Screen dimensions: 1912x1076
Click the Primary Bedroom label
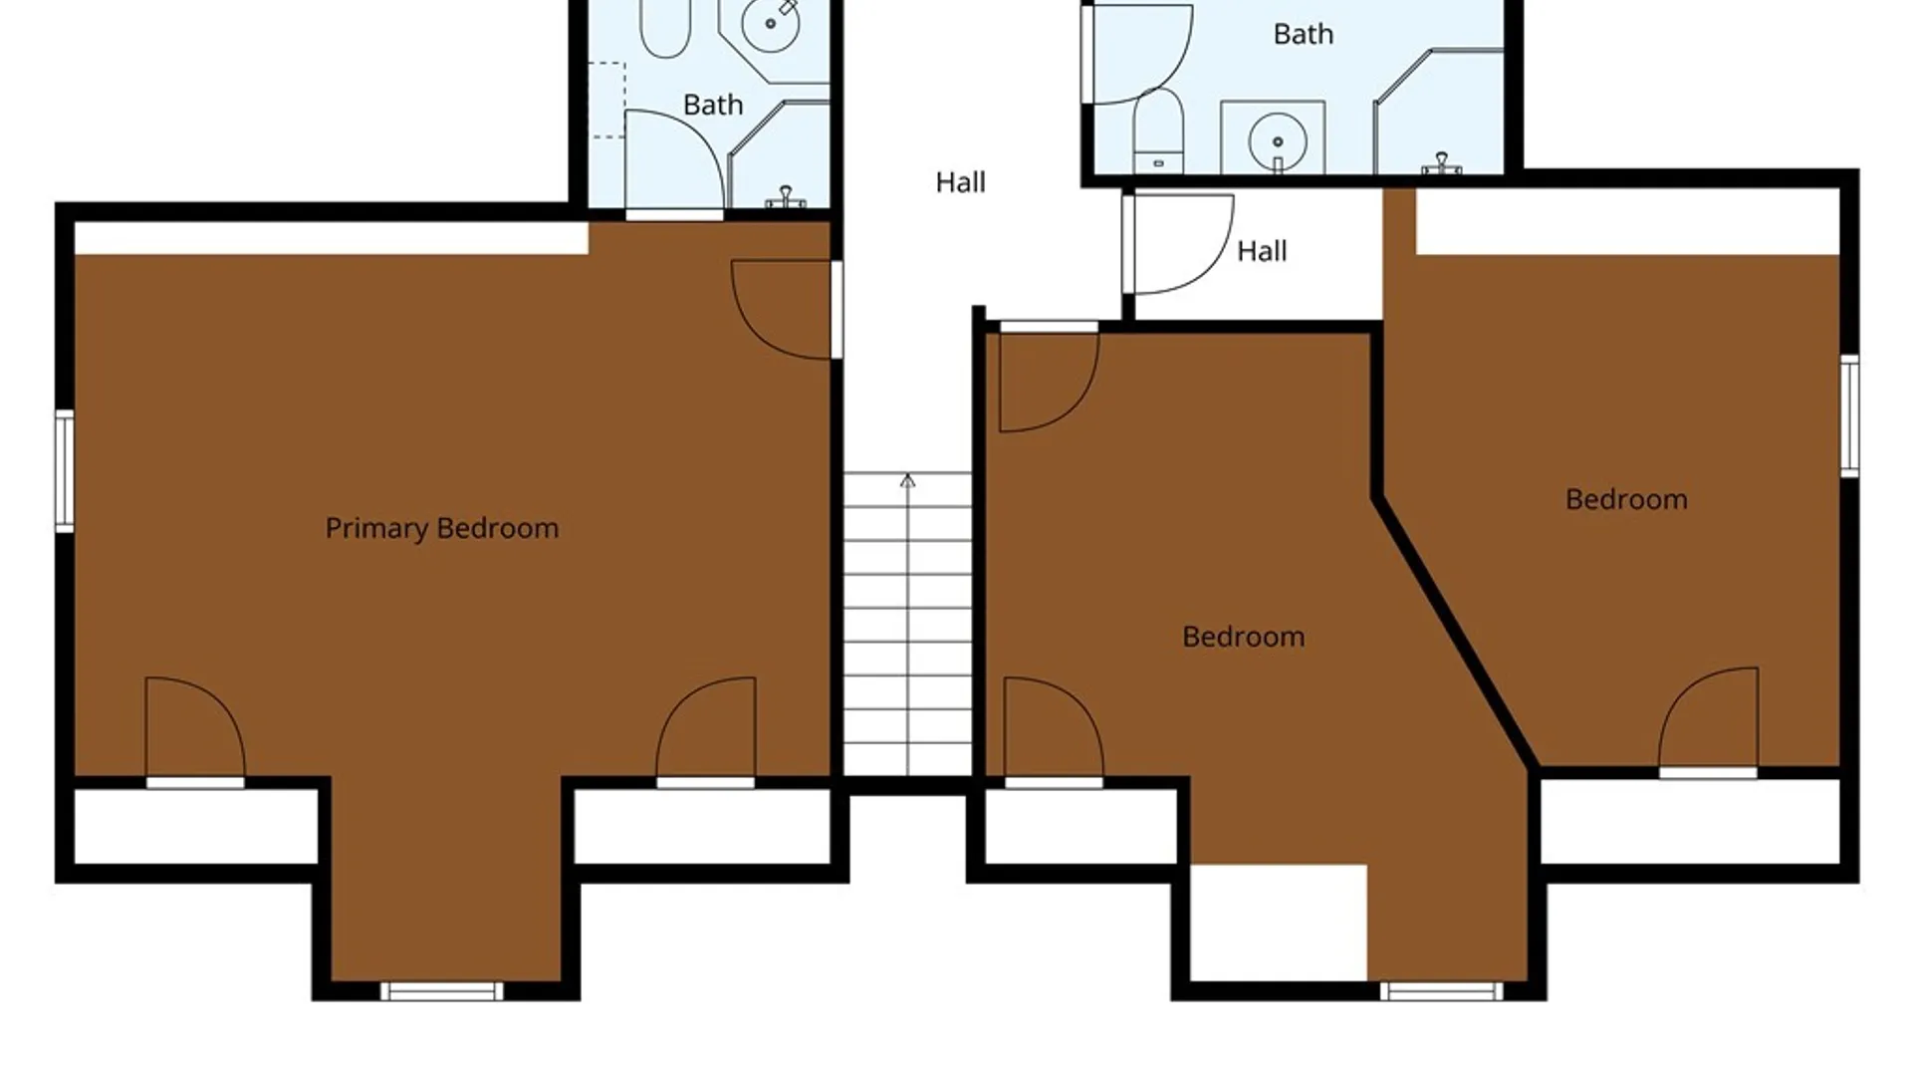[x=442, y=528]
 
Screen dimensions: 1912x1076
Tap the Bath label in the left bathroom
[x=713, y=105]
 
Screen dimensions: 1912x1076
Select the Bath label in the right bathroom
[x=1304, y=34]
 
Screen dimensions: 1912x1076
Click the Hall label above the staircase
[x=961, y=182]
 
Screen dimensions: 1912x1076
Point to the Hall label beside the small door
[x=1262, y=251]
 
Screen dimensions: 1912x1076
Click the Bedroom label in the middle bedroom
[x=1244, y=637]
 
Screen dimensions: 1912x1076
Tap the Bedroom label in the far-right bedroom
[x=1627, y=499]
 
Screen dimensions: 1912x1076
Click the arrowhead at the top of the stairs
[x=908, y=481]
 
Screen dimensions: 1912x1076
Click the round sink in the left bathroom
[x=770, y=23]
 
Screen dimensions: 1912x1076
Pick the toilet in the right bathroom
[x=1158, y=131]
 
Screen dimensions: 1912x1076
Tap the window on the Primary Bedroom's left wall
[x=64, y=470]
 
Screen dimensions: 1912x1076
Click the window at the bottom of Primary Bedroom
[x=442, y=991]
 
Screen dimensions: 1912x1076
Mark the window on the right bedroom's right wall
[x=1849, y=415]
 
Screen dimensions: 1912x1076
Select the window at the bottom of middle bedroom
[x=1442, y=991]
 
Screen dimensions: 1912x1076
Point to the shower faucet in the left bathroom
[x=786, y=196]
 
